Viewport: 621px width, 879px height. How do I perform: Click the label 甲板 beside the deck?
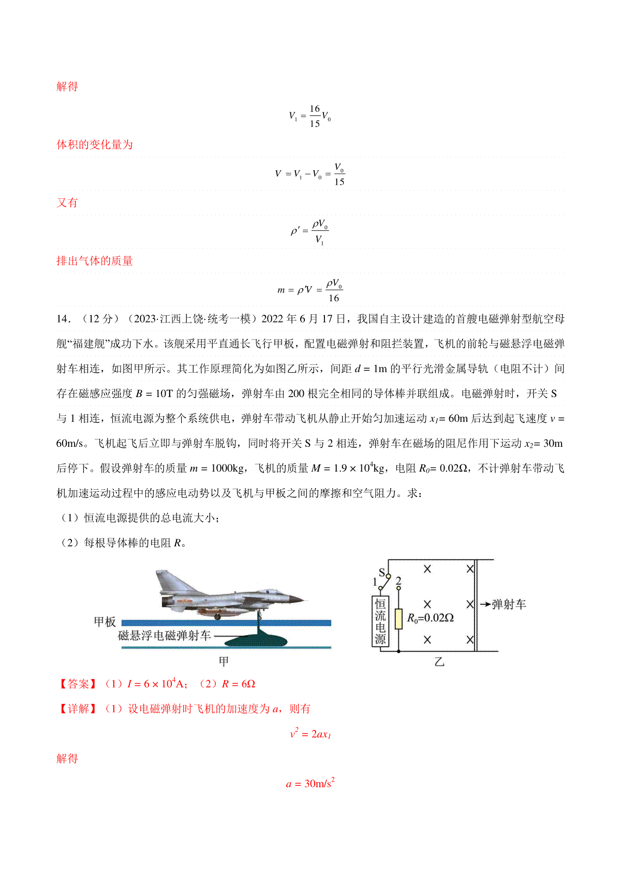coord(105,622)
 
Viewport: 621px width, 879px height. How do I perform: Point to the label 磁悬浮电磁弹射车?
coord(165,636)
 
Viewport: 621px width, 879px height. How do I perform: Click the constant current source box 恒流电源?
coord(380,621)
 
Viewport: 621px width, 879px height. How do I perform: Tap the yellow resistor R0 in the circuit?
coord(398,619)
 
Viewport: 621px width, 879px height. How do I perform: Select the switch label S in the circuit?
coord(382,572)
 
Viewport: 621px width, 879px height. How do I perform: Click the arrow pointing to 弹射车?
coord(485,604)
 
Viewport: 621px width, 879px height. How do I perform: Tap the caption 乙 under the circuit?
coord(439,662)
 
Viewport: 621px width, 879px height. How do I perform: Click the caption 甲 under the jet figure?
coord(224,662)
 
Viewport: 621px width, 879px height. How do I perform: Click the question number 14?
coord(63,319)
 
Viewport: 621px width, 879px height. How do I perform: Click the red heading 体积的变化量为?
coord(95,144)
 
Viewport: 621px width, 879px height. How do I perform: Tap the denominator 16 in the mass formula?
coord(334,298)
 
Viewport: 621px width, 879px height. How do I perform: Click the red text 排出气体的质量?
coord(95,261)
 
